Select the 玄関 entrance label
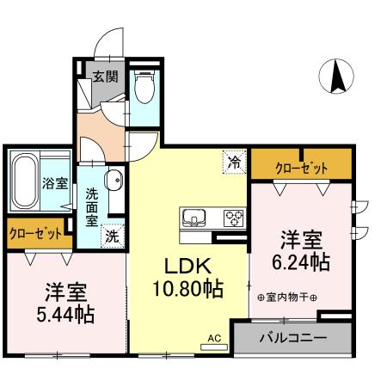click(x=105, y=76)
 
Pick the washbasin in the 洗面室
click(x=112, y=181)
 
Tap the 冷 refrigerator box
click(x=233, y=159)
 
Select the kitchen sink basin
click(x=192, y=216)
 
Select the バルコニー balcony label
click(x=293, y=339)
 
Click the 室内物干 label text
click(x=287, y=298)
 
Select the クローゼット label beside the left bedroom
click(x=35, y=233)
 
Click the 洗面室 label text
click(x=91, y=207)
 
